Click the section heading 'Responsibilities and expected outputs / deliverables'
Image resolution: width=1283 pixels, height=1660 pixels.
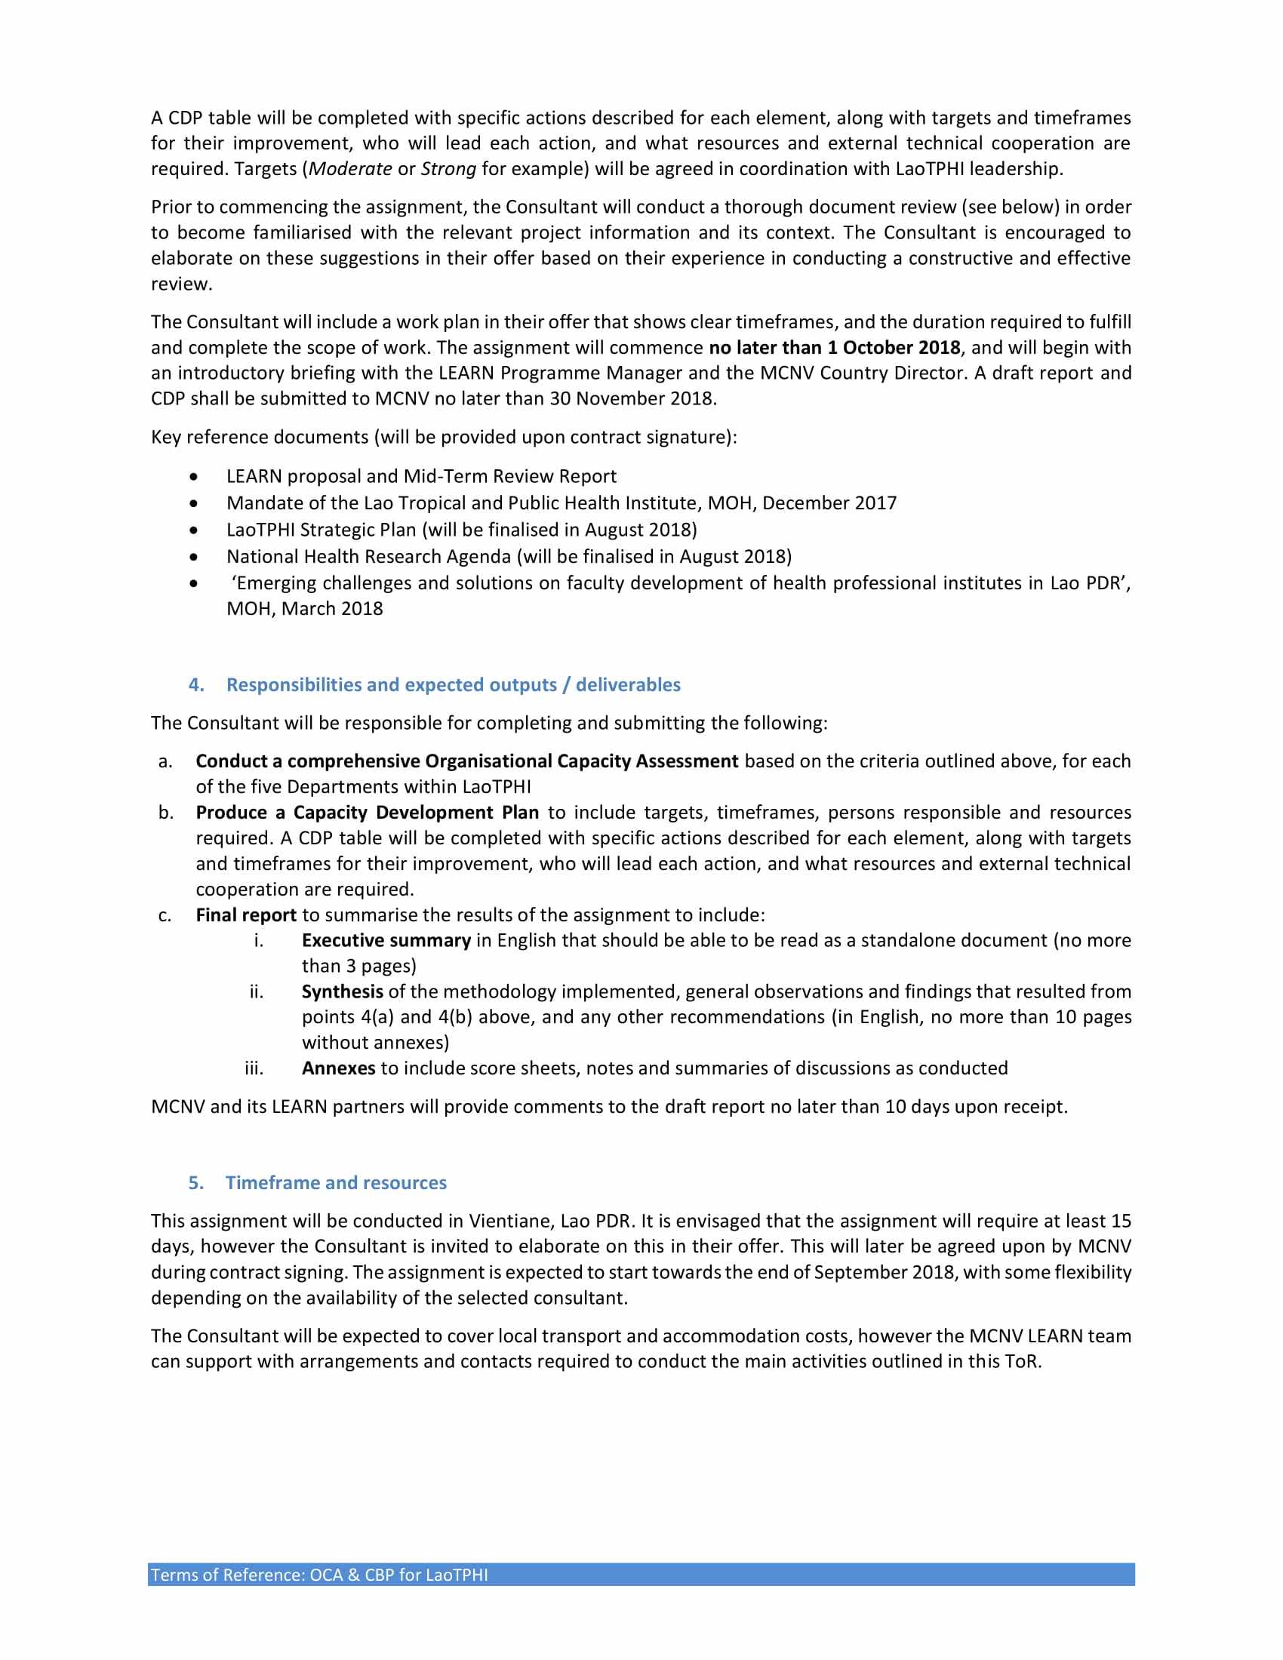[x=453, y=685]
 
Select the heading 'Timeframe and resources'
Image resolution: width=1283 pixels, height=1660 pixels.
[x=336, y=1182]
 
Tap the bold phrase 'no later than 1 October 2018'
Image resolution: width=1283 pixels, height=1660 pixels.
[x=834, y=347]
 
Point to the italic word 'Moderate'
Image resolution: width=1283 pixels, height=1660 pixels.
[x=350, y=169]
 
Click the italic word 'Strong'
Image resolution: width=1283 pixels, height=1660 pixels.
[x=448, y=169]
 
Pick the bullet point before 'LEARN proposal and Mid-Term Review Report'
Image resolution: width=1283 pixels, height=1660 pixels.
[x=195, y=477]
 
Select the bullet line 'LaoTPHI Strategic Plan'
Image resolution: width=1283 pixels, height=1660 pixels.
[x=461, y=530]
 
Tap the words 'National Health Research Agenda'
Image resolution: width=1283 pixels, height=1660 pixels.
[x=368, y=556]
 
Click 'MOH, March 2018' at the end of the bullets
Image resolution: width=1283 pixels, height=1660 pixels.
[x=305, y=609]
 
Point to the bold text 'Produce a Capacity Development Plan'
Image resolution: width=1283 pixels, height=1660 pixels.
[x=367, y=813]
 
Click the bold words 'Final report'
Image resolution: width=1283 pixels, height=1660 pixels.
[x=245, y=915]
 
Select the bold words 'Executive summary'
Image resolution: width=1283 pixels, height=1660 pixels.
[x=386, y=940]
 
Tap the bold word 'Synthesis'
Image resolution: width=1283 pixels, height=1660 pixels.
[x=342, y=992]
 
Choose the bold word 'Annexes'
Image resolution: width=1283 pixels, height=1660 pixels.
[x=338, y=1068]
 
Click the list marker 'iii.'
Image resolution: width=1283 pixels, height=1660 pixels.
[x=254, y=1068]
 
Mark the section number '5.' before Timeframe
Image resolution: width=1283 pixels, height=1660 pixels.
[x=196, y=1182]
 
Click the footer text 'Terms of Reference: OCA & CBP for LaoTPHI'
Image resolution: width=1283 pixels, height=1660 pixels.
[x=319, y=1574]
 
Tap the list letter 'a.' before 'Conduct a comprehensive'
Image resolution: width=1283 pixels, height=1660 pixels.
[x=165, y=761]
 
